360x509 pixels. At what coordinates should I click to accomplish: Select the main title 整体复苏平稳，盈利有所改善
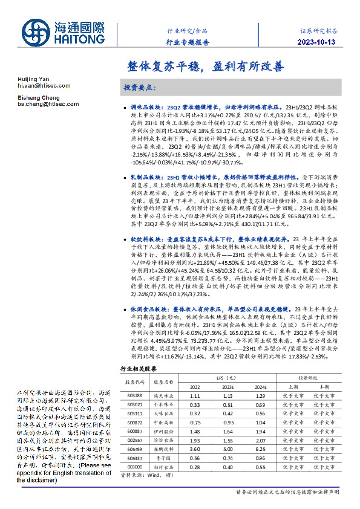click(206, 66)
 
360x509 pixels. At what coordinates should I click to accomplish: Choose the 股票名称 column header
click(163, 381)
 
